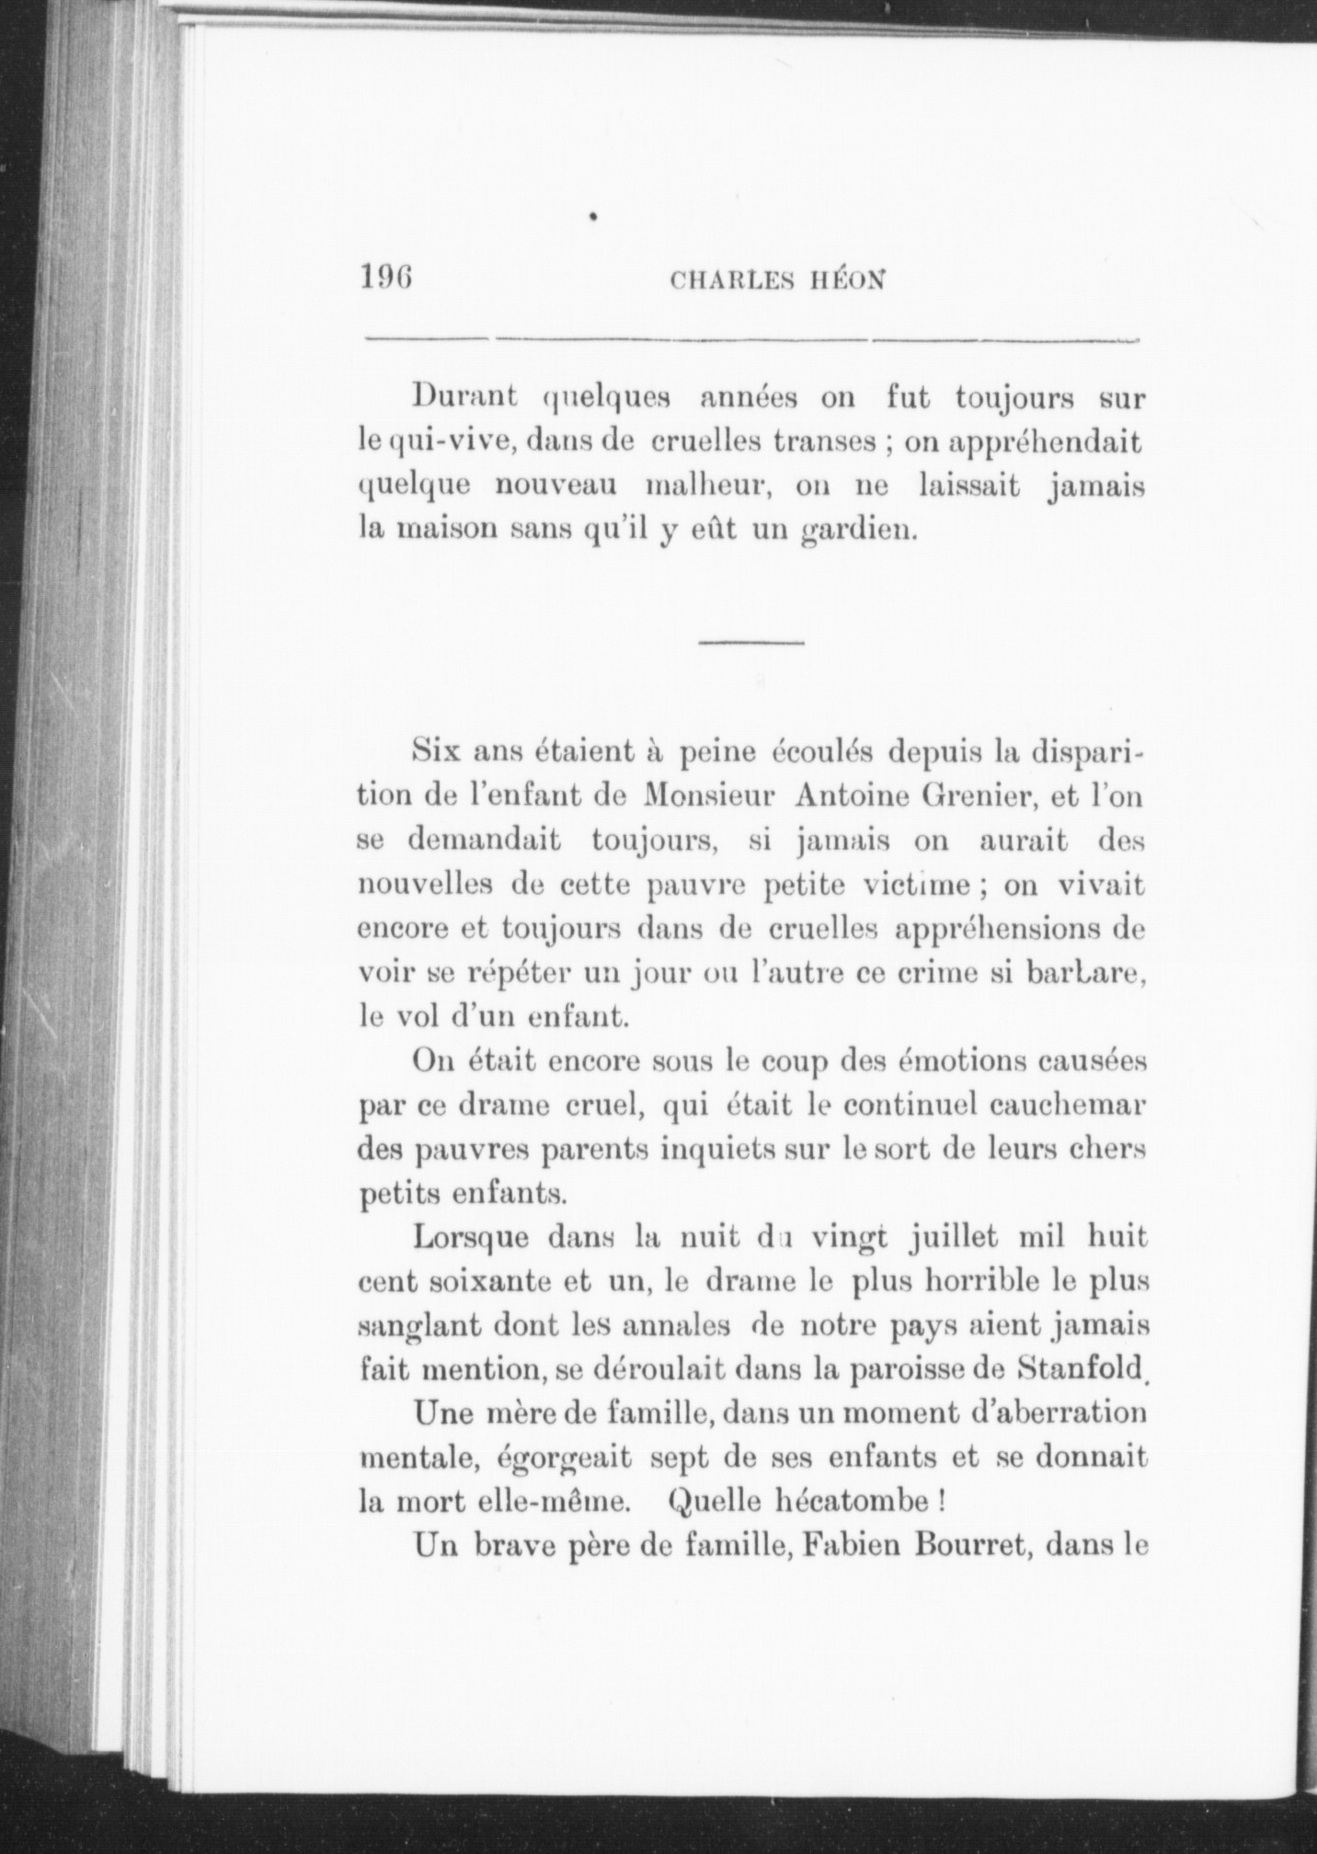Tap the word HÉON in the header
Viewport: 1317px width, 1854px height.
pos(846,280)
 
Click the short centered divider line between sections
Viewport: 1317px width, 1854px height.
pos(751,642)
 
